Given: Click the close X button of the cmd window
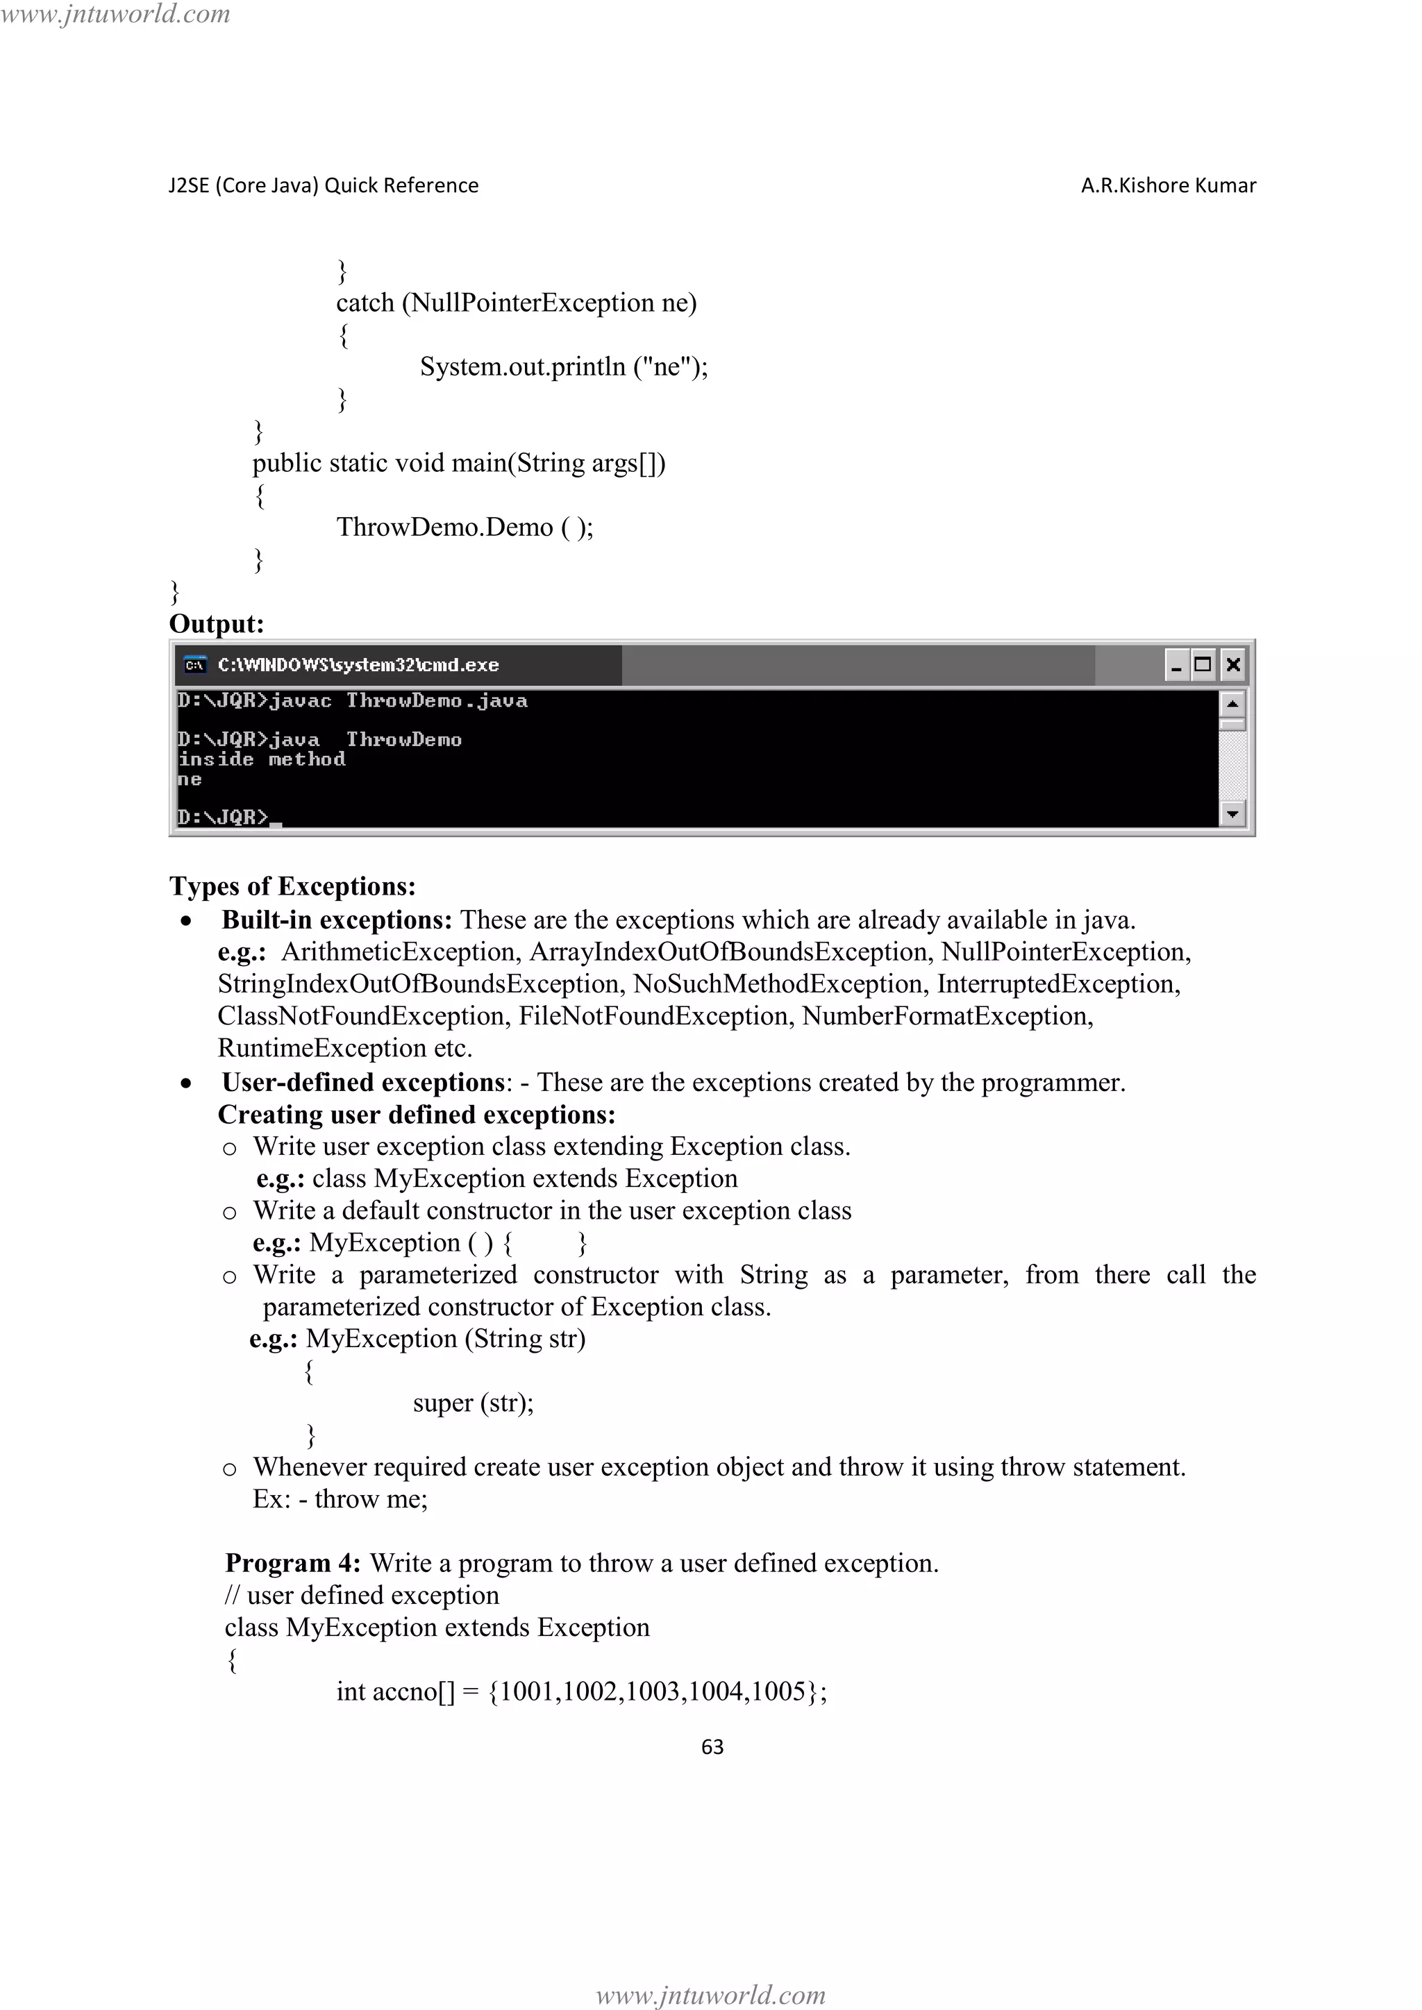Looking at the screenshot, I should point(1233,664).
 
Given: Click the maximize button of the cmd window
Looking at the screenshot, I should point(1203,664).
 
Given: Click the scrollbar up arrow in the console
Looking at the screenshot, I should point(1232,704).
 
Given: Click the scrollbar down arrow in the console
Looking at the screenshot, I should point(1232,814).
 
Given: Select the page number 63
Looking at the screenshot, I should point(712,1746).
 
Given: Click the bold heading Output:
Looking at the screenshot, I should point(216,624).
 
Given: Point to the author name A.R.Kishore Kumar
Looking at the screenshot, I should point(1168,185).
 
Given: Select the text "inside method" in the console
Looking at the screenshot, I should point(262,759).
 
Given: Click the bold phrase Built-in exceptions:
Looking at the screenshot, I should point(336,920).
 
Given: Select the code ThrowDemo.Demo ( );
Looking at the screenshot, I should point(465,527).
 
